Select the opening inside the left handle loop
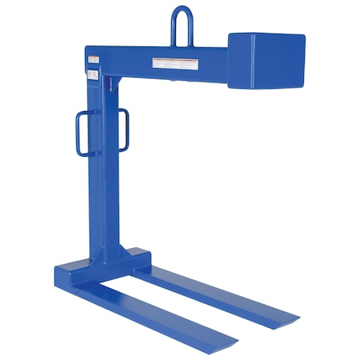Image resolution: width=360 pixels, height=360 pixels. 88,133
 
